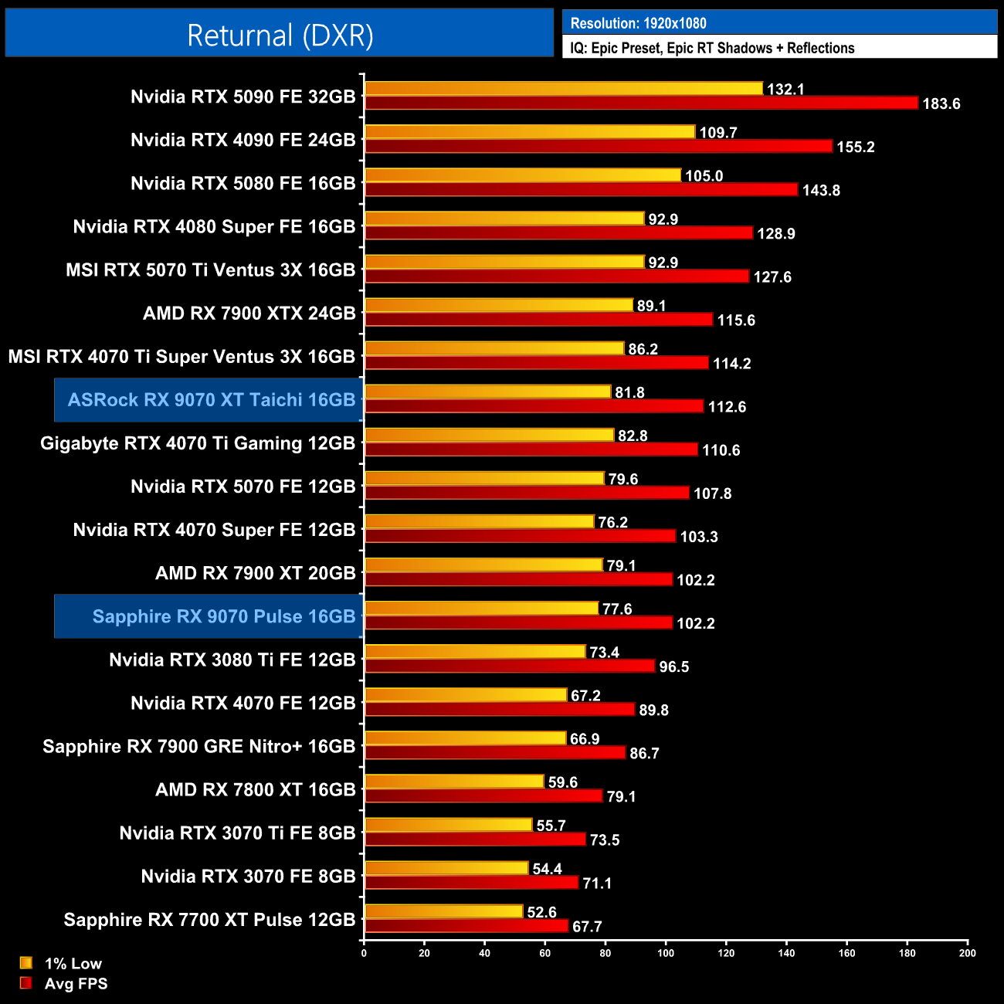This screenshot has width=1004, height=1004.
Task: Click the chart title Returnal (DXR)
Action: click(x=280, y=36)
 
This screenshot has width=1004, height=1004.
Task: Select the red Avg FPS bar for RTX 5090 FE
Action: click(x=641, y=103)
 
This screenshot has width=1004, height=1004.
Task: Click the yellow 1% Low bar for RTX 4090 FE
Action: click(x=530, y=132)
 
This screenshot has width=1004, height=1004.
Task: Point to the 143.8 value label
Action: click(x=821, y=191)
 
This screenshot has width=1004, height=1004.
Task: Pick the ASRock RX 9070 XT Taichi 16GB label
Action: click(x=211, y=400)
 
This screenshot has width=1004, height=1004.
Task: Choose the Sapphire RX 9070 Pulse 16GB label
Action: click(x=223, y=616)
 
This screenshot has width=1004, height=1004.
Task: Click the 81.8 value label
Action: click(x=629, y=393)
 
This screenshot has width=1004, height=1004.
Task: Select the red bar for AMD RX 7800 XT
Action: click(x=483, y=795)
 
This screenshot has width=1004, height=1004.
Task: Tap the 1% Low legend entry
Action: click(x=73, y=963)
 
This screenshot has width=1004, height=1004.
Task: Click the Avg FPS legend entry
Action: click(x=76, y=984)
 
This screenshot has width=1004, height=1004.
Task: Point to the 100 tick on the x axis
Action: click(x=666, y=953)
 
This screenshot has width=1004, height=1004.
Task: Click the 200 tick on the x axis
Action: click(x=967, y=953)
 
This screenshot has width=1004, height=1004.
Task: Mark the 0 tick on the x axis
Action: click(x=364, y=953)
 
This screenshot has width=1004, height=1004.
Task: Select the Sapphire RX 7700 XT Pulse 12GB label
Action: click(x=209, y=920)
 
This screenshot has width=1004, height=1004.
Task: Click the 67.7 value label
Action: click(x=587, y=927)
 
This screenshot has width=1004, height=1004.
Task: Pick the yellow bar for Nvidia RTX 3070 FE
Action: click(x=446, y=868)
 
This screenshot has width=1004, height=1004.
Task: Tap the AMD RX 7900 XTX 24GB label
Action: click(x=249, y=314)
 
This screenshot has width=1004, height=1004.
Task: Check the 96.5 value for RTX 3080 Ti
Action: click(x=673, y=667)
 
